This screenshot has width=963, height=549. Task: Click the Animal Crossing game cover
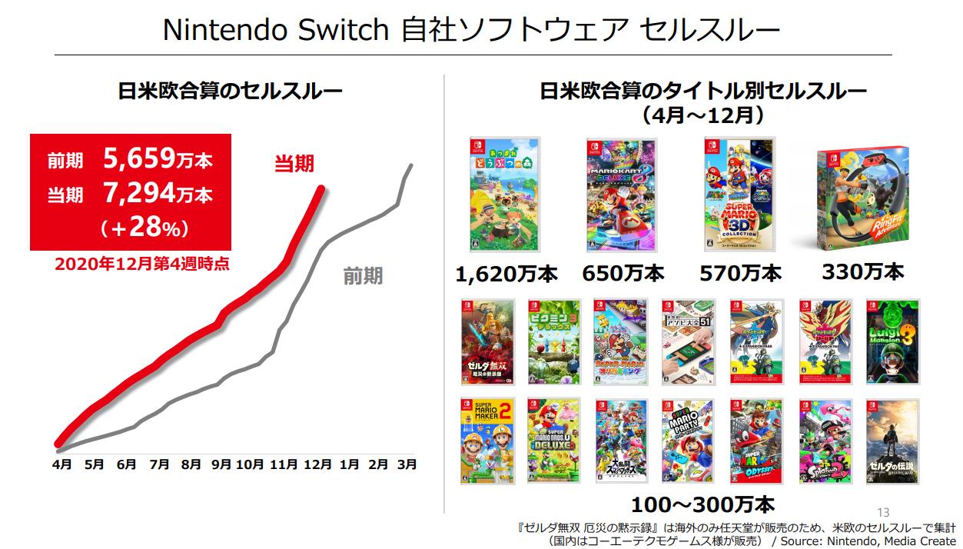click(504, 196)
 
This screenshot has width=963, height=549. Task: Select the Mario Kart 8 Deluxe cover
click(621, 196)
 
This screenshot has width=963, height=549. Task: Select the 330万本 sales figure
click(862, 271)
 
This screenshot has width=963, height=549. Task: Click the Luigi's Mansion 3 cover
click(892, 341)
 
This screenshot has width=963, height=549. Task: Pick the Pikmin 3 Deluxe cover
click(553, 341)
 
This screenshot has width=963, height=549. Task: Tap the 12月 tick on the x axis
click(318, 464)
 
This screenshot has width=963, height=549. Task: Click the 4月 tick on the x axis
click(62, 464)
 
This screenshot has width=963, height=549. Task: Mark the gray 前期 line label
click(363, 277)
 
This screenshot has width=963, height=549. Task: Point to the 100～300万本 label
click(702, 505)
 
